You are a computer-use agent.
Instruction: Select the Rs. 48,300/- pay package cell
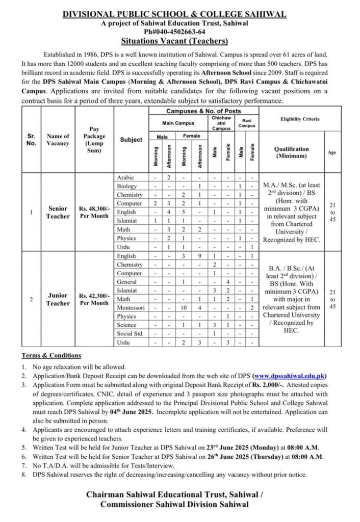coord(94,212)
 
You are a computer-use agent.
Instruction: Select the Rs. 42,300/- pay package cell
coord(94,299)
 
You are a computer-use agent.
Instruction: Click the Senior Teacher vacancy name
coord(58,212)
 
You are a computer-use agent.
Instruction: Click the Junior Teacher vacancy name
coord(58,299)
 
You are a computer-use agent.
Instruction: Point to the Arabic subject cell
coord(126,176)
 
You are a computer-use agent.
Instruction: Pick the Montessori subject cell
coord(131,308)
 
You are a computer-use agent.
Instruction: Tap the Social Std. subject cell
coord(131,333)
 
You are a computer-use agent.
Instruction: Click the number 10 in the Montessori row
coord(186,308)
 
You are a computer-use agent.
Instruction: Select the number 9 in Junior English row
coord(200,256)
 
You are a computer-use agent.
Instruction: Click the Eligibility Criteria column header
coord(300,119)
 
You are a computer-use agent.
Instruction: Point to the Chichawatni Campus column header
coord(221,122)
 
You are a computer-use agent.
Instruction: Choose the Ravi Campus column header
coord(246,122)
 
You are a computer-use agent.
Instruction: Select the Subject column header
coord(131,139)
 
